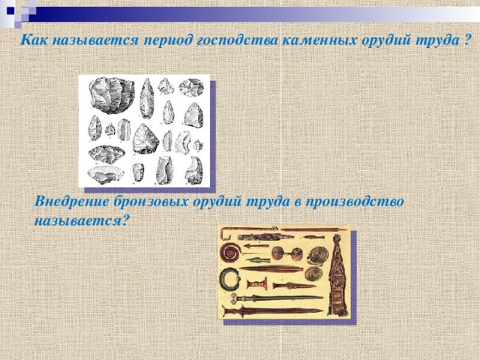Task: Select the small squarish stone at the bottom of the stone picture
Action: click(137, 171)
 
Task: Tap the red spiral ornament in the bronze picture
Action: click(228, 253)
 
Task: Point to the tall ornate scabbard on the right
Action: click(337, 274)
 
